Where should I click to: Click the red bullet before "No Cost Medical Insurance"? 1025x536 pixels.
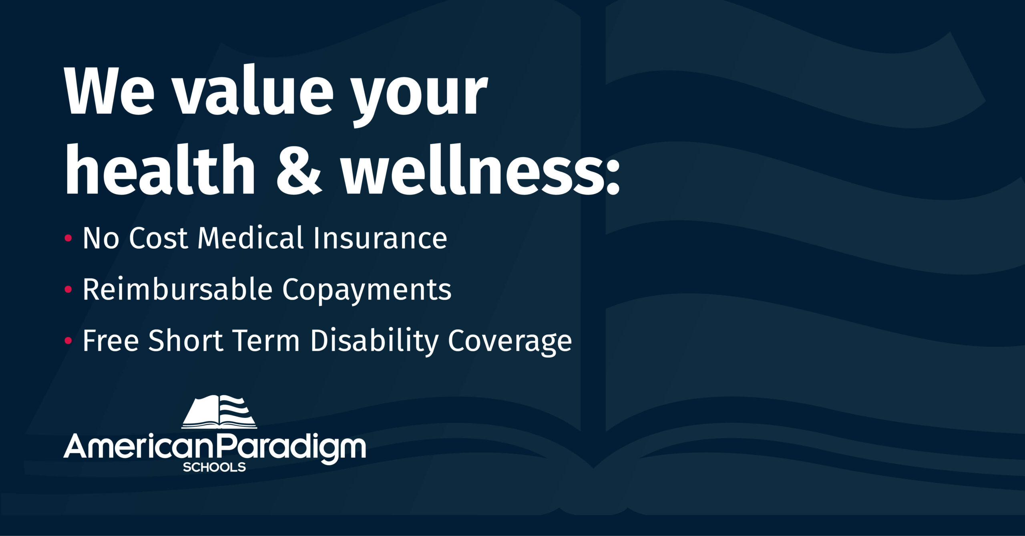click(68, 238)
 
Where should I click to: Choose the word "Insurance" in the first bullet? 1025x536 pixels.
click(380, 238)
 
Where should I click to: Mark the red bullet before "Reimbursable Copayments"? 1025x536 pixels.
click(68, 289)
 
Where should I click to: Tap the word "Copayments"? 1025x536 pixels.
click(367, 291)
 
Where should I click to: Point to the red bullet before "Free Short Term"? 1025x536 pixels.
click(68, 341)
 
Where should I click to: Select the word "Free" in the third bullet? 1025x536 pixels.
click(111, 341)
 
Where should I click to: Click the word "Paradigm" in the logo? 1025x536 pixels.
click(292, 449)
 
